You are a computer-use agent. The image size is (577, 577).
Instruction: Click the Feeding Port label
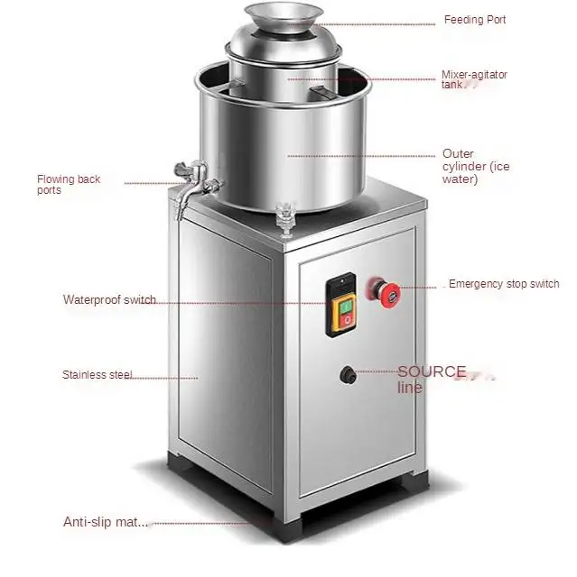(474, 20)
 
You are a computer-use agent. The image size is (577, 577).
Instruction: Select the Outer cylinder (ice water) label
(474, 167)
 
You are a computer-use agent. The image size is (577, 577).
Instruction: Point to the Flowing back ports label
(69, 184)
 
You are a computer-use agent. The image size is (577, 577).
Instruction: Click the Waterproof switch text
(109, 300)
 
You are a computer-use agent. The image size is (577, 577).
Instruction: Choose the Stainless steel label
(98, 375)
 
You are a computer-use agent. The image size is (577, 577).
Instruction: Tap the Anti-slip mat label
(105, 521)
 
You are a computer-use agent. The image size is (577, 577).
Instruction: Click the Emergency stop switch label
(504, 284)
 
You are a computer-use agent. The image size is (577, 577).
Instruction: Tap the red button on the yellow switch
(347, 320)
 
